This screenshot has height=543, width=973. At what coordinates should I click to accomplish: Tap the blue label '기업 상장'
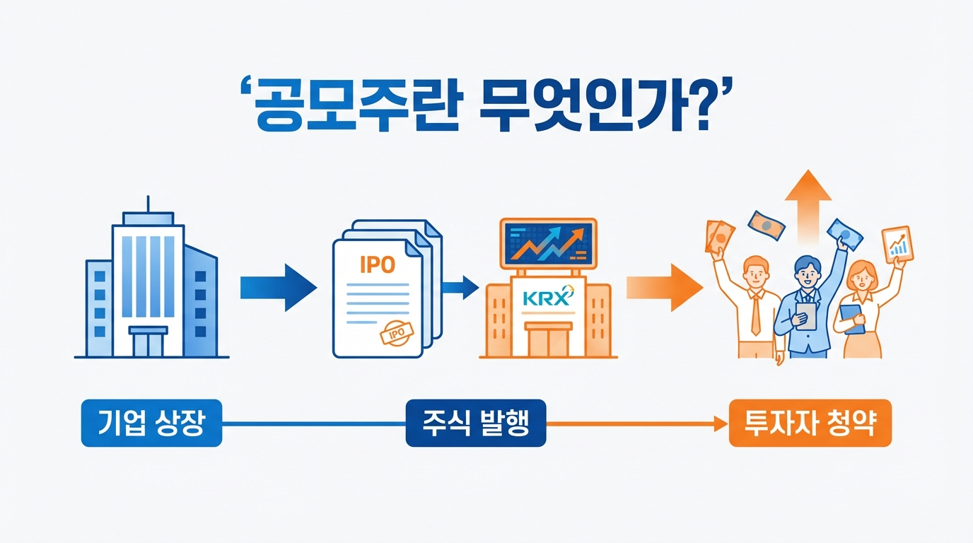pos(151,424)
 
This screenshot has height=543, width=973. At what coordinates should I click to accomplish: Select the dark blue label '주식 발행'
pos(475,424)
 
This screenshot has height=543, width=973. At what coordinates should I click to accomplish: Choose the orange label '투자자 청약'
pos(810,424)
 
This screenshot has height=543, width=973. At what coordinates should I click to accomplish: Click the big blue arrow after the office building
pos(278,287)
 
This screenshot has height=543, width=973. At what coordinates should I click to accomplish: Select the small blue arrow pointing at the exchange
pos(460,286)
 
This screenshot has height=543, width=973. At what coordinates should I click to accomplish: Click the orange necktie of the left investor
pos(755,315)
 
